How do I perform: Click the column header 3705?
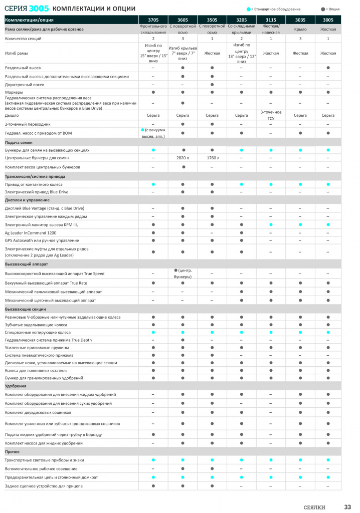(153, 20)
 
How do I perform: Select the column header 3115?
(271, 20)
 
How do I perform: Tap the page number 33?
(347, 506)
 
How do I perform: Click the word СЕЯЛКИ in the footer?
(314, 507)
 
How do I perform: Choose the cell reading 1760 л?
(212, 158)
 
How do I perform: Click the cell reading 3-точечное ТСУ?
(271, 115)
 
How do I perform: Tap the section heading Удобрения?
(16, 386)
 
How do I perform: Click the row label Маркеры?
(14, 92)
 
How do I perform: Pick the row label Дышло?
(12, 115)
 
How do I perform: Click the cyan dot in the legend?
(249, 9)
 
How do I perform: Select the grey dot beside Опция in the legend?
(322, 9)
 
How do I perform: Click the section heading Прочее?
(13, 452)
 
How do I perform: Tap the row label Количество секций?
(23, 39)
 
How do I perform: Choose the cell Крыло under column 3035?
(300, 29)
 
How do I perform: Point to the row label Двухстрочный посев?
(25, 84)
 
